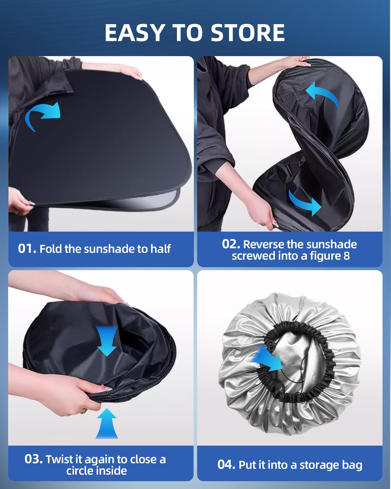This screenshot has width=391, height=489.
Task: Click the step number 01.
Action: [27, 248]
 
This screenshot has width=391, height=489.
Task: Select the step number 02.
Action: [231, 244]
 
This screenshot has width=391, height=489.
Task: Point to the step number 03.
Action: [34, 459]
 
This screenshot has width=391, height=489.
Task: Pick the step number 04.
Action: [226, 465]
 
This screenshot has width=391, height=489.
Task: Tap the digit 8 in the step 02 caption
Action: [346, 256]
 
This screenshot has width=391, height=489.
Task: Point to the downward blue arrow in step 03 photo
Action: [107, 341]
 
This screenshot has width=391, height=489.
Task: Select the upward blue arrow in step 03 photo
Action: [107, 423]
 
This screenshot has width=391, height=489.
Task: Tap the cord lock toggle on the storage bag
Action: [270, 344]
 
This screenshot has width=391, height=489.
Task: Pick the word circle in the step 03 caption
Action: [80, 471]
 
